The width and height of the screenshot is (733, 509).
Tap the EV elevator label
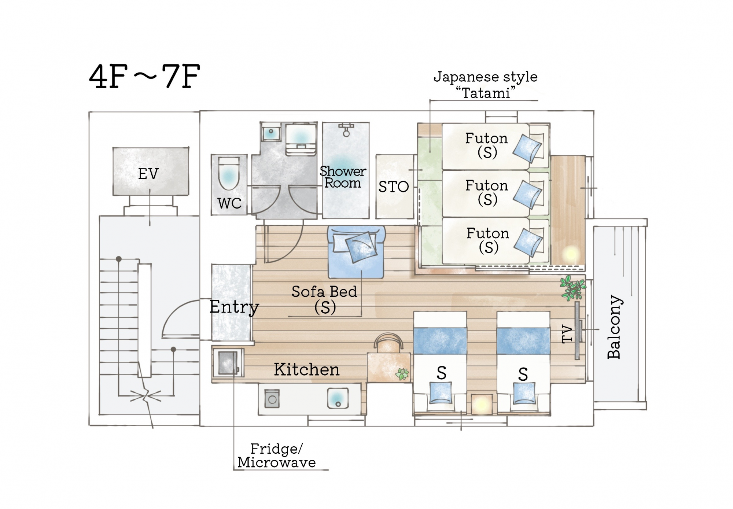pos(148,174)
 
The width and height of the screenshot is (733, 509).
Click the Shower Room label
pos(343,177)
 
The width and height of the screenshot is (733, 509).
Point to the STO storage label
pos(394,187)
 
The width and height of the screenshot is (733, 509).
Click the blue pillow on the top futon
pos(527,148)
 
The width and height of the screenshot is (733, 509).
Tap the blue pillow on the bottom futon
pos(528,243)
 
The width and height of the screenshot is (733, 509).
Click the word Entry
pos(234,307)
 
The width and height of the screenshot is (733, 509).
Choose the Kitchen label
pos(307,369)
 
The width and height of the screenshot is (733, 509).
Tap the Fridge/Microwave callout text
pos(276,455)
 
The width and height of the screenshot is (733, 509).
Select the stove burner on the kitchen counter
pos(272,399)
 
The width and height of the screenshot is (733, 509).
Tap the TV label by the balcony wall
pos(567,333)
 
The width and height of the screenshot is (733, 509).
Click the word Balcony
pos(614,327)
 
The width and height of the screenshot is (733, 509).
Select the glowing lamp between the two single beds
pos(481,404)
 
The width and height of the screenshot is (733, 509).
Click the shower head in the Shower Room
pos(346,130)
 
